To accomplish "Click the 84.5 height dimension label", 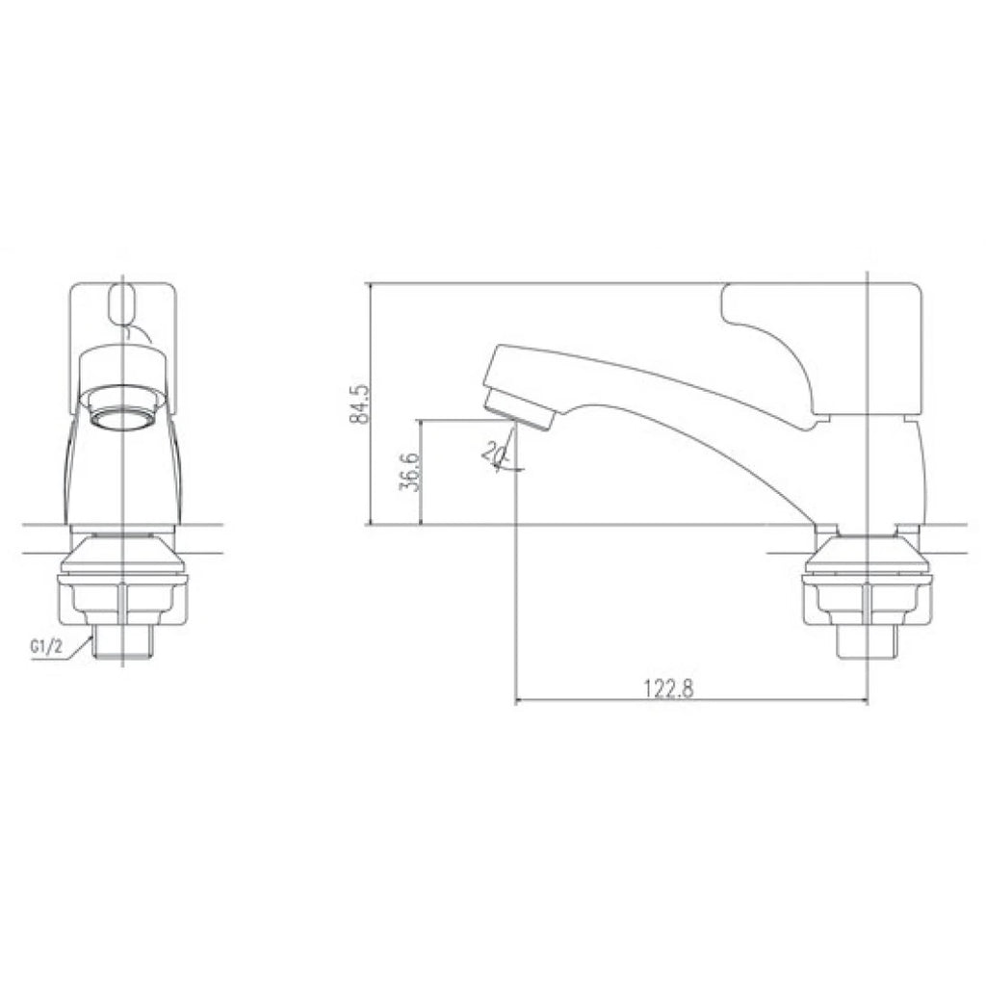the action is (362, 403).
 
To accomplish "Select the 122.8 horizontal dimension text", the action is (668, 688).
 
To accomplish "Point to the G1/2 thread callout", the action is (47, 647).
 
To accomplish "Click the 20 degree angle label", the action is (491, 452).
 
